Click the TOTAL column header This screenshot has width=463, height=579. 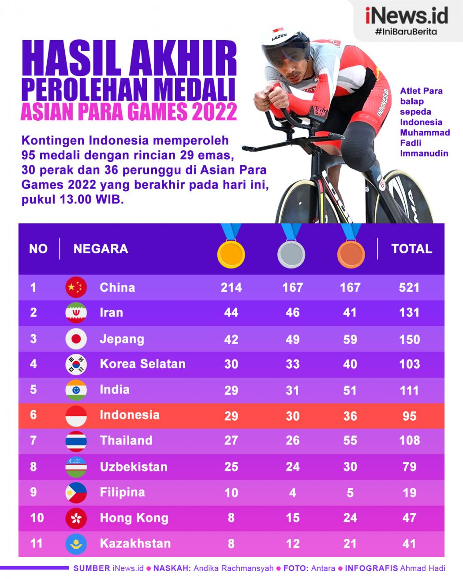tap(411, 249)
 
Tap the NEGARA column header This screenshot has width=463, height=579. tap(101, 249)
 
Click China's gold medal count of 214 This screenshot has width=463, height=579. tap(231, 288)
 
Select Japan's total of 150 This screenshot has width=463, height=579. tap(409, 339)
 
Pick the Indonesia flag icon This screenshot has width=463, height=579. tap(76, 416)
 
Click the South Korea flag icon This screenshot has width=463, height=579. tap(76, 364)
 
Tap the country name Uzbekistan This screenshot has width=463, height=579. tap(134, 467)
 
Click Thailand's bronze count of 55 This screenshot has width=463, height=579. tap(350, 441)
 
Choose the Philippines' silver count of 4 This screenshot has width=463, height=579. tap(292, 492)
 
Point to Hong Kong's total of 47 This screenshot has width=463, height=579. tap(409, 518)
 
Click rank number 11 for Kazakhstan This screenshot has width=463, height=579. tap(36, 543)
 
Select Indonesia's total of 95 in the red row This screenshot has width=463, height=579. tap(409, 416)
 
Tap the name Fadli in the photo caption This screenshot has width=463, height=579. tap(411, 143)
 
